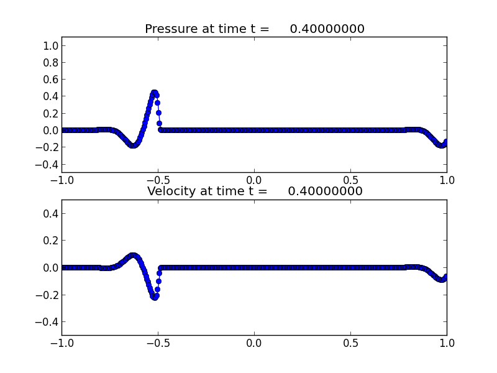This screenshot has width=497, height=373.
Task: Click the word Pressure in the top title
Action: point(171,29)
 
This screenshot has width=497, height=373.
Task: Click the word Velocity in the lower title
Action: point(171,191)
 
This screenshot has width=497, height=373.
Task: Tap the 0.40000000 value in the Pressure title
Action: point(327,29)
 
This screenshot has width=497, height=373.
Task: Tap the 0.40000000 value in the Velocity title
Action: point(325,191)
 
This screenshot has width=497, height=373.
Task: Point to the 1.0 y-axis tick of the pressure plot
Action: point(51,46)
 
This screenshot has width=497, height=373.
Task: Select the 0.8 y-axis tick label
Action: point(51,63)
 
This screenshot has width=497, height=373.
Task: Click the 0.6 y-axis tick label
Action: point(51,80)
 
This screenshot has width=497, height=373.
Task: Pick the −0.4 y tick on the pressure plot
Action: point(47,165)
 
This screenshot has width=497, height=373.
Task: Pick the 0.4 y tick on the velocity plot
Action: point(51,214)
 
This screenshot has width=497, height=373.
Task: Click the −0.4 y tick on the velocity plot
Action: point(47,322)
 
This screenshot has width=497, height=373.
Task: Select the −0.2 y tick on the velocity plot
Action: point(47,295)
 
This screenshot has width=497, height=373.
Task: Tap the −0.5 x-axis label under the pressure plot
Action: point(158,180)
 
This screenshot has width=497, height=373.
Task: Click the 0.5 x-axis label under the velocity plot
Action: point(350,343)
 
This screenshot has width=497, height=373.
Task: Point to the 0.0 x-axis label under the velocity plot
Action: point(254,343)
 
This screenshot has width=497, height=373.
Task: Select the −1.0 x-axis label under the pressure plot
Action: point(62,180)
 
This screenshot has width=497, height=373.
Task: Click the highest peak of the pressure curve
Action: point(154,93)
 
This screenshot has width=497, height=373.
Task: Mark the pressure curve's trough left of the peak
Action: point(133,145)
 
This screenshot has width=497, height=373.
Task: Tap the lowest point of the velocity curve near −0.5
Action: point(155,298)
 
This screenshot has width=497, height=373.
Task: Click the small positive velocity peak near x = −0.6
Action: point(134,256)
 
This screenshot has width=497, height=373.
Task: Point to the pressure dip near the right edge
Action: point(441,145)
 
